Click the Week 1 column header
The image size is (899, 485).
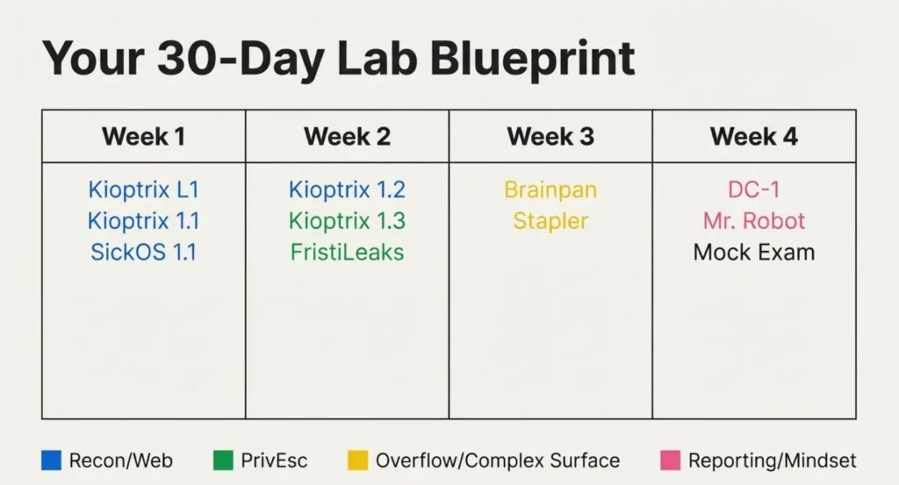point(143,136)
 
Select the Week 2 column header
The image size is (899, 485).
point(347,136)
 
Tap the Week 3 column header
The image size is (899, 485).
point(550,136)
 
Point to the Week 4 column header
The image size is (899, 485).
point(754,136)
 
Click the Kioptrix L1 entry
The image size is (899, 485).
point(143,189)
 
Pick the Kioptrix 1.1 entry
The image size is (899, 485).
point(143,221)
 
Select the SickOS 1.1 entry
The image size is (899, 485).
point(143,252)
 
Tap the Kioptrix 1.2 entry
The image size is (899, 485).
point(347,189)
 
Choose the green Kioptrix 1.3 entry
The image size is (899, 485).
point(347,221)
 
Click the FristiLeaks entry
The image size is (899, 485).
point(347,252)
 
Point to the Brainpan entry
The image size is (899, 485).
point(550,189)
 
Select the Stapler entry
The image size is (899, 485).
point(550,221)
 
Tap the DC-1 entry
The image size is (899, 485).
point(754,189)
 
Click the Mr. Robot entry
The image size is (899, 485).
point(754,221)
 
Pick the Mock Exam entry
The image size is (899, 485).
point(754,252)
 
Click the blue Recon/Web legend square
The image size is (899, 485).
point(51,460)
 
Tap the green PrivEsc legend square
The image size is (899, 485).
point(223,460)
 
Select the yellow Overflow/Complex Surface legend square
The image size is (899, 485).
point(358,460)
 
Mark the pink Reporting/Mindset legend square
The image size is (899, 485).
point(670,460)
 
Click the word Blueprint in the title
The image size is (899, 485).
point(533,60)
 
